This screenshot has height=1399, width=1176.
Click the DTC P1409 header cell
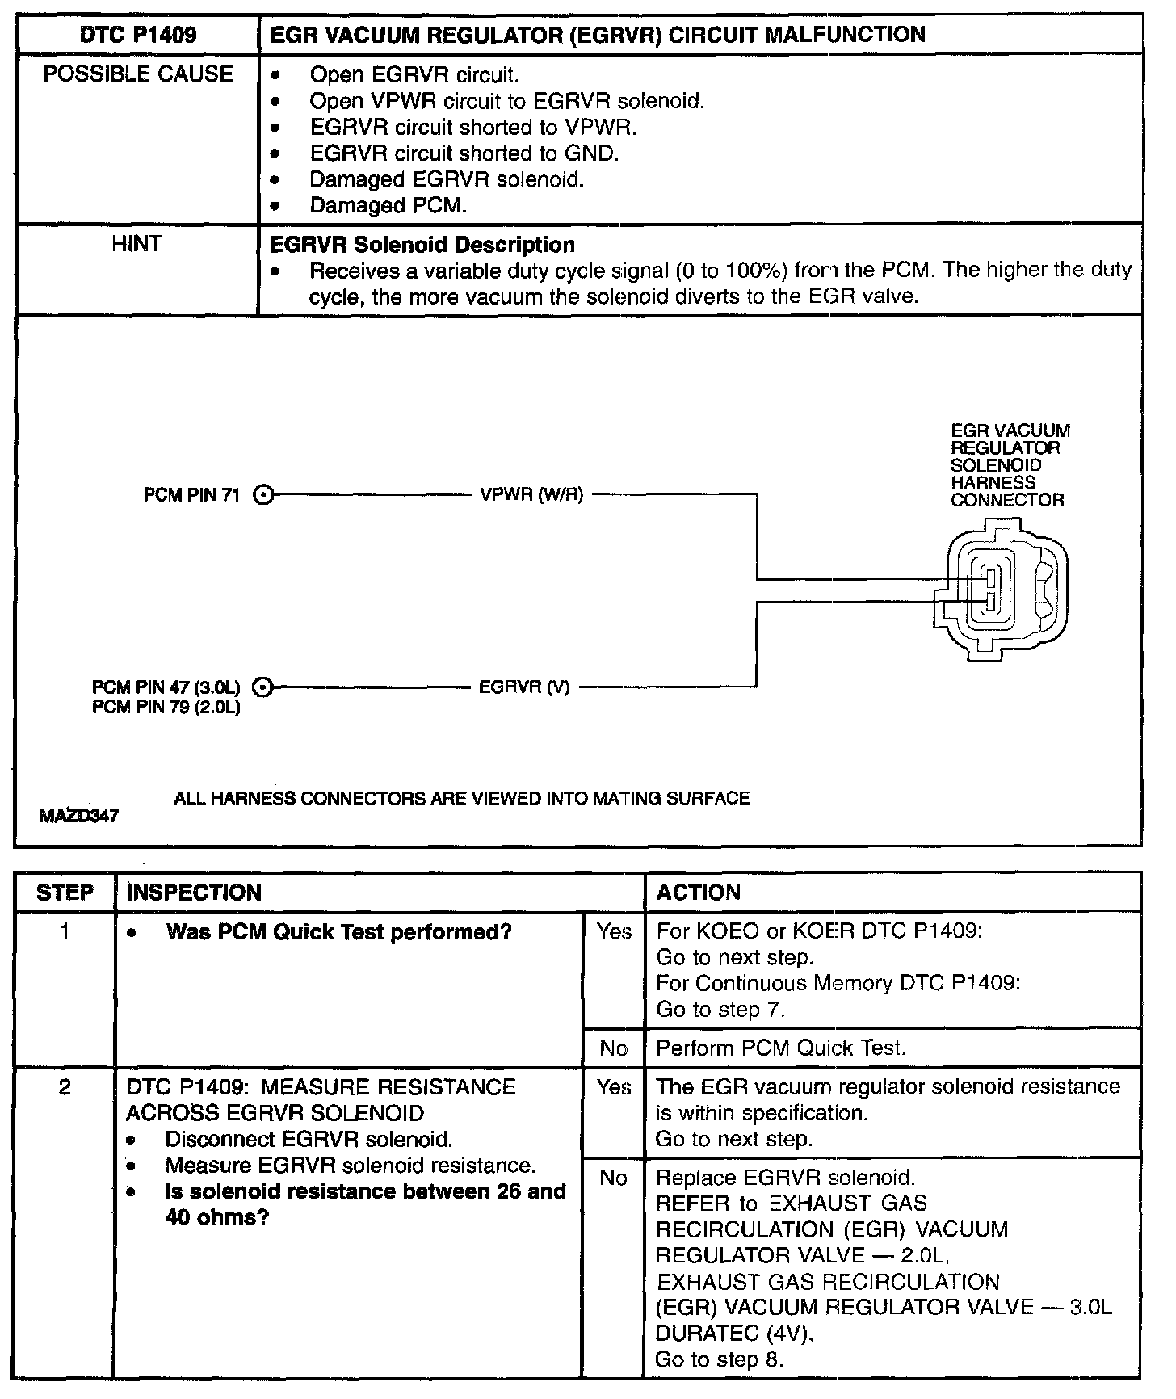[137, 35]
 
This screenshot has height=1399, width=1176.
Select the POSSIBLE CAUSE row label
[137, 74]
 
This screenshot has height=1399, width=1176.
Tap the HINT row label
[137, 244]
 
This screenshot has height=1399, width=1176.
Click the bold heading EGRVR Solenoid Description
[422, 245]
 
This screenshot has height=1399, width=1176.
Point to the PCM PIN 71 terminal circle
[263, 495]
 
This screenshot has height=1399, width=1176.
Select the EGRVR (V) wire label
[524, 688]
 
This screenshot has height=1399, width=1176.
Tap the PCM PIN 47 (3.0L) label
[166, 687]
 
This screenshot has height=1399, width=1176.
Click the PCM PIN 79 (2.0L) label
[166, 708]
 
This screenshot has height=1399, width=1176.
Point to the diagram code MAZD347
[78, 817]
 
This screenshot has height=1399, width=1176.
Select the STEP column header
[65, 893]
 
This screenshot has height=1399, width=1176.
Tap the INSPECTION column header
[195, 893]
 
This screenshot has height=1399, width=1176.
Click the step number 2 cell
[65, 1088]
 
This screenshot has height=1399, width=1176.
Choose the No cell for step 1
[614, 1048]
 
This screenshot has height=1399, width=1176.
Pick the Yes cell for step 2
[614, 1088]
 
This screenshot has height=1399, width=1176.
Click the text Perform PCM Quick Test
[780, 1048]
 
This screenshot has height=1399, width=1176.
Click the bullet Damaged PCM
[388, 206]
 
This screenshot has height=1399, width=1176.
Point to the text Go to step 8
[719, 1359]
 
